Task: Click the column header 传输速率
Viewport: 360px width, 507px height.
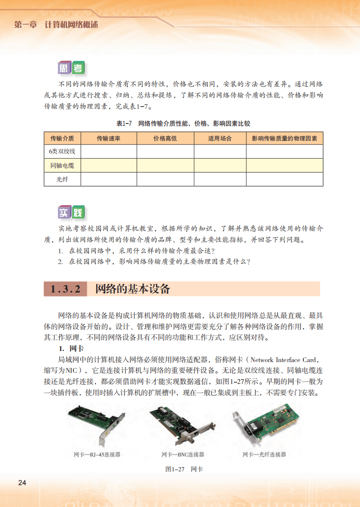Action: (108, 138)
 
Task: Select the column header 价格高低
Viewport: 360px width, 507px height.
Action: (165, 138)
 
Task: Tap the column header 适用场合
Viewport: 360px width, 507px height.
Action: (220, 138)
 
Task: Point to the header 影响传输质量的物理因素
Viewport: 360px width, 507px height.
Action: (284, 138)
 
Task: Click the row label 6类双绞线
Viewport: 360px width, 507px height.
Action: (62, 152)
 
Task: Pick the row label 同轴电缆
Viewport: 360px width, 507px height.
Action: (62, 165)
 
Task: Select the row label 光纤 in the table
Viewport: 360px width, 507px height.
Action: (62, 179)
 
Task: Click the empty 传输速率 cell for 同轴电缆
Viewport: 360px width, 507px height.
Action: (108, 165)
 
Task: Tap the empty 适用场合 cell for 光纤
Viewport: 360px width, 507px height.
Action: (220, 179)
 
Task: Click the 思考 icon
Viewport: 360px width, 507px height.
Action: (71, 68)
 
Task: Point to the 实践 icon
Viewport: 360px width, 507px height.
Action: (71, 213)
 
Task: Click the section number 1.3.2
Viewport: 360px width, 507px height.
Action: (65, 289)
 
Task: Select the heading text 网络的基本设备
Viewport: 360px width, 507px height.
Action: (133, 289)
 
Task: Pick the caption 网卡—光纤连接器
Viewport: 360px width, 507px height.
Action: (264, 454)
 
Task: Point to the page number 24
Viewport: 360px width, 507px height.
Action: (22, 483)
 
